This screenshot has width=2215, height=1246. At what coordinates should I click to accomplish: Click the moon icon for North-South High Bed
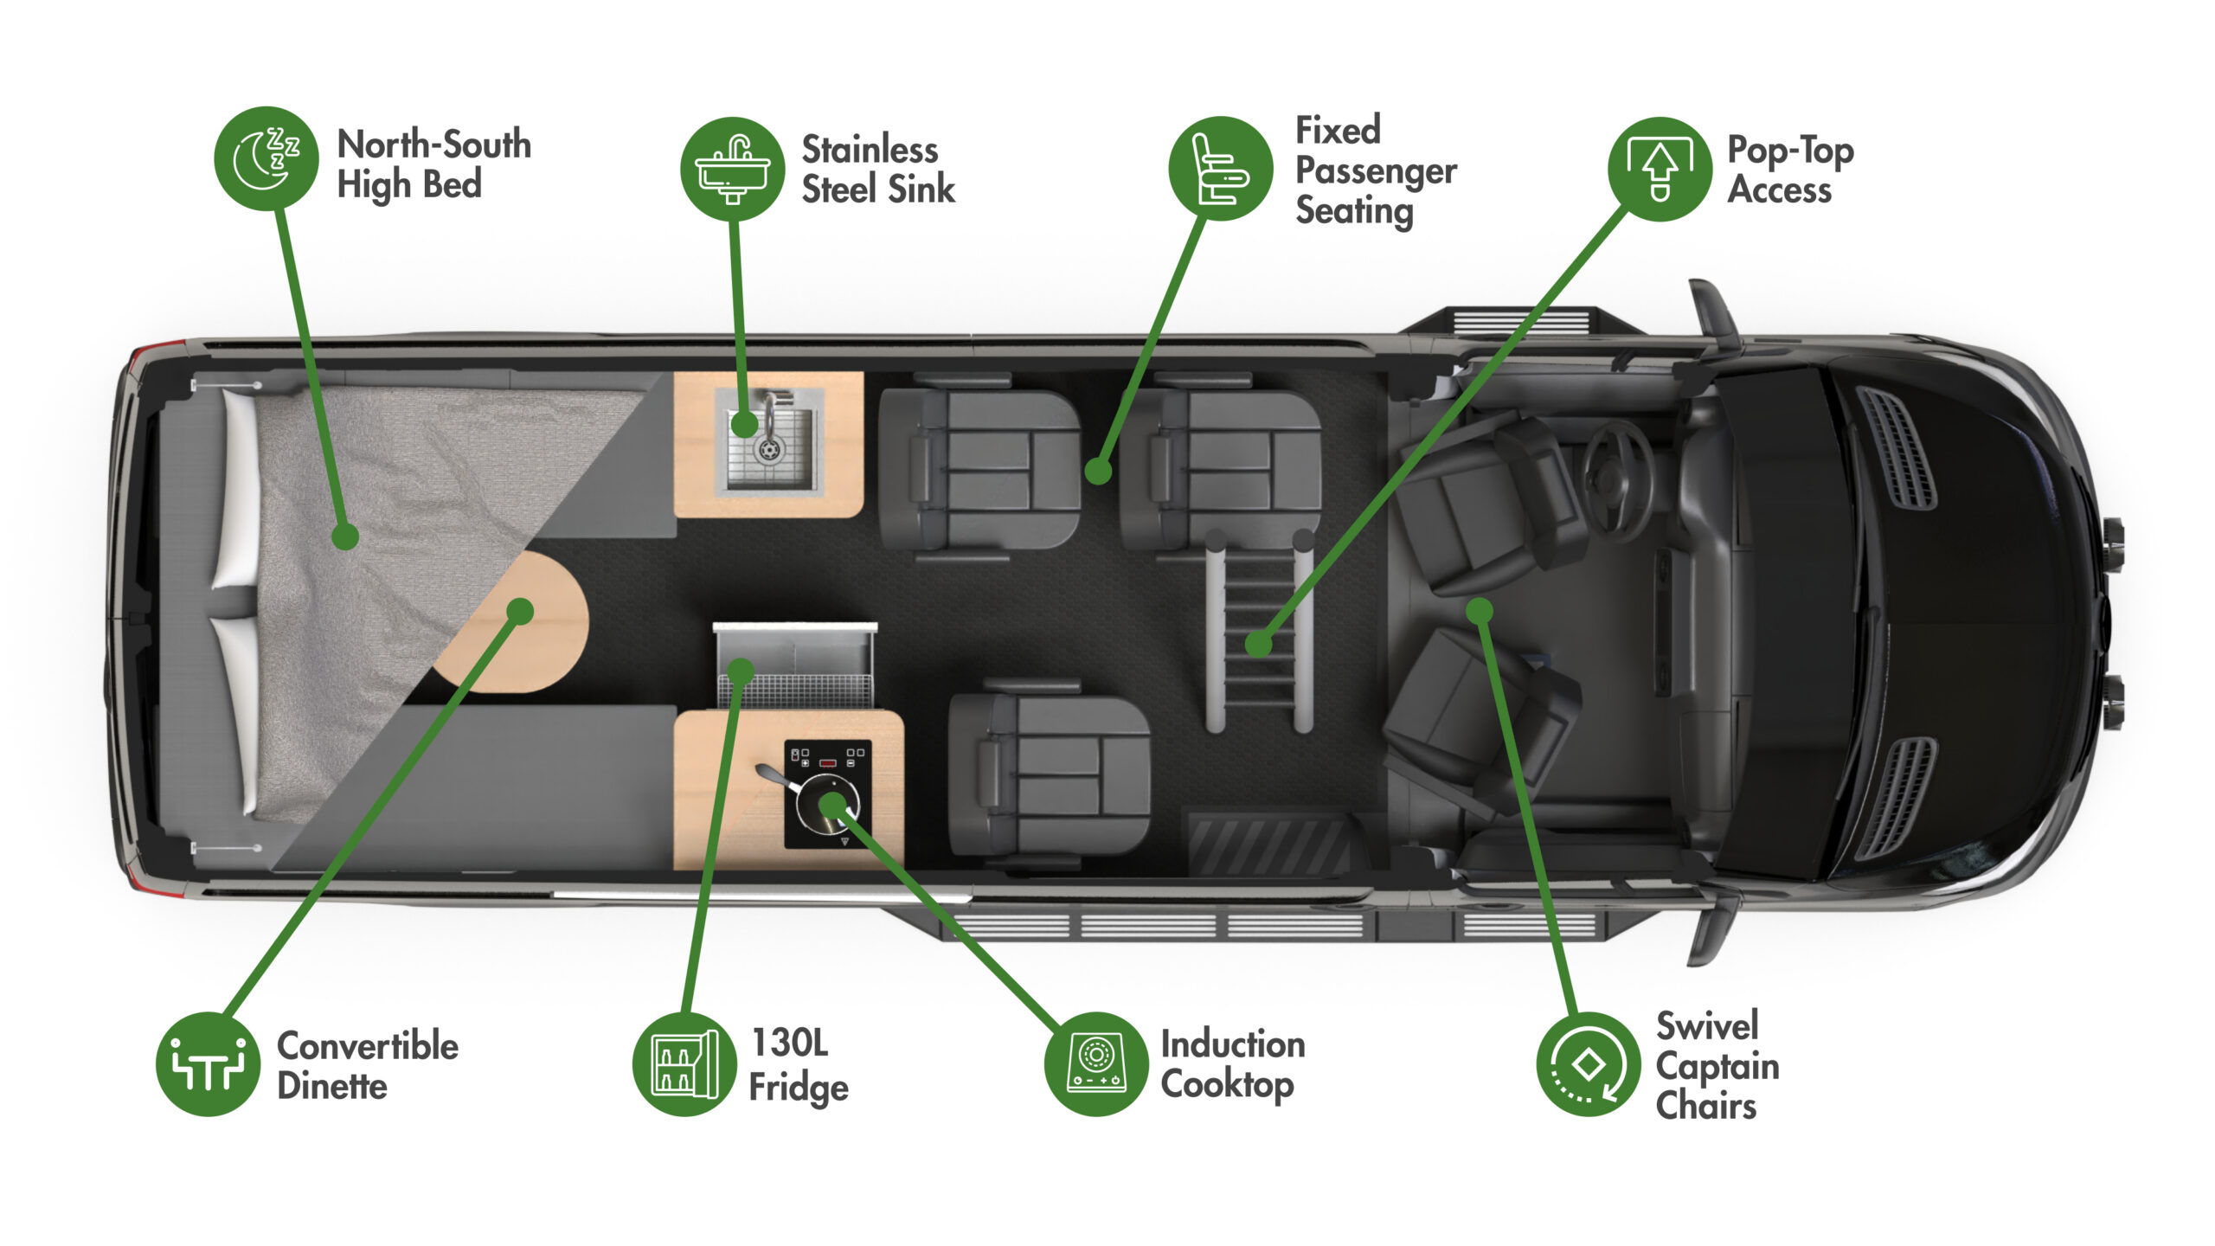click(266, 158)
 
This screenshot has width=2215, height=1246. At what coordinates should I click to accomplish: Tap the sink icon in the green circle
click(733, 169)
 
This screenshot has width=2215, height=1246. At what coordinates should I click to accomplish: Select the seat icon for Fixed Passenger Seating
click(1220, 169)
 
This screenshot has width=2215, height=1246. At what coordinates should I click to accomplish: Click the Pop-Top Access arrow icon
click(1660, 169)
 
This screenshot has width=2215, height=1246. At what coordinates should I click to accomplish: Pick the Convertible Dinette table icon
click(209, 1064)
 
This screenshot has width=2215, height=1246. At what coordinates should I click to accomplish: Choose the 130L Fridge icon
click(684, 1064)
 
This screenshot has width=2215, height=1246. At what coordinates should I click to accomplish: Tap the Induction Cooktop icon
click(1096, 1064)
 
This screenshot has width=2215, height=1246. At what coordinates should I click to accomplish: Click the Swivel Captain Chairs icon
click(1588, 1064)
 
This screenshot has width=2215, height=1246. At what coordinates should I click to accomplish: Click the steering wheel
click(1616, 480)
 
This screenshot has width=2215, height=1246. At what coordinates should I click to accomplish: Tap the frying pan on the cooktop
click(822, 800)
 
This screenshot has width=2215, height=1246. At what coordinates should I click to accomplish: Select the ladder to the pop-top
click(1259, 632)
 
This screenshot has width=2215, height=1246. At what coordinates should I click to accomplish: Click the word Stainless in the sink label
click(870, 150)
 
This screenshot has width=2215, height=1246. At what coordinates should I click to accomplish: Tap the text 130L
click(789, 1043)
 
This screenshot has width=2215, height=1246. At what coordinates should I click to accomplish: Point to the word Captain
click(1717, 1066)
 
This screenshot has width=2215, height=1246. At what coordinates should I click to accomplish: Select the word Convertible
click(368, 1045)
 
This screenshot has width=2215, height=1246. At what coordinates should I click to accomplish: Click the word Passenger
click(1376, 170)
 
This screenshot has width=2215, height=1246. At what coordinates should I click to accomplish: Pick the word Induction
click(1233, 1044)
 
